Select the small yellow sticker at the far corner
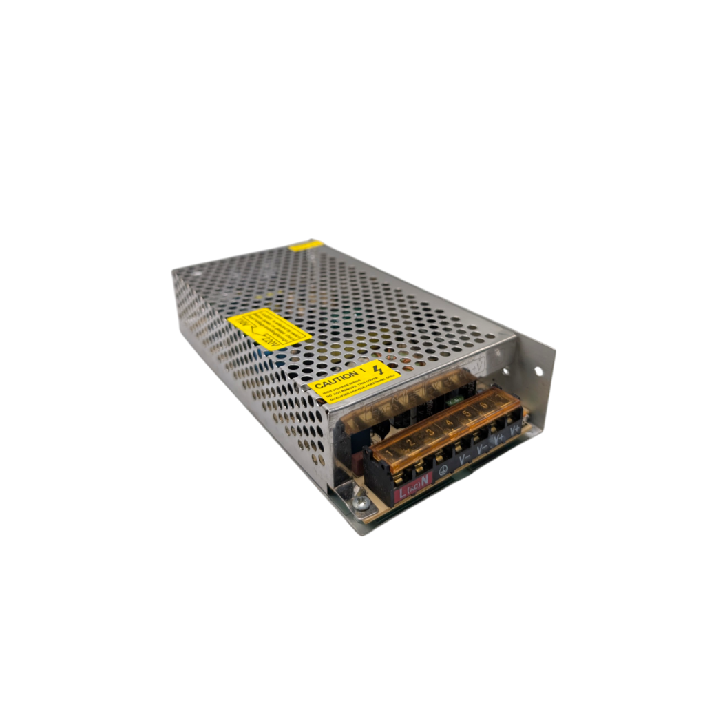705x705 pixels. (305, 245)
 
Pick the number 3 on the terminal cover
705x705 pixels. (429, 432)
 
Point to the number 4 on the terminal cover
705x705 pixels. (449, 422)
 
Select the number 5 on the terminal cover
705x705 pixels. (467, 413)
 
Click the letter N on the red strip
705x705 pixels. (425, 479)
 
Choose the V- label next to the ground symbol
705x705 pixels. (463, 457)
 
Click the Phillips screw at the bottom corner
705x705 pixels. (359, 505)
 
